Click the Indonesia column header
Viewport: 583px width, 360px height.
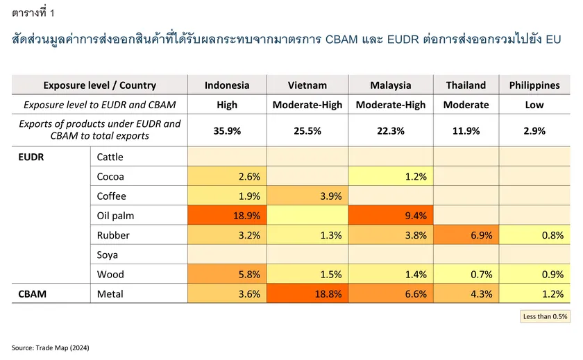point(227,85)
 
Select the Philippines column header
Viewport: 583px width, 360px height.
point(534,85)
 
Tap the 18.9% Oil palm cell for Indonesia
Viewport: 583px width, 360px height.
point(227,216)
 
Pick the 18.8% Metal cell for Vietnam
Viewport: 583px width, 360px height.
point(307,294)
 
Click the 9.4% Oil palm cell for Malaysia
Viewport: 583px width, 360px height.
point(391,216)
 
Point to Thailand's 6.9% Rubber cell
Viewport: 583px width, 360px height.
point(466,235)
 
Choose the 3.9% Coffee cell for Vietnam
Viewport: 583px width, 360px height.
point(307,196)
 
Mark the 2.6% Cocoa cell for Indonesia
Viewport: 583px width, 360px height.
point(227,176)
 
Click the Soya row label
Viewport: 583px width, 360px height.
point(107,255)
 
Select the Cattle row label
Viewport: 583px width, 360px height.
point(110,157)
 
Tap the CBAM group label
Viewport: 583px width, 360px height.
point(33,294)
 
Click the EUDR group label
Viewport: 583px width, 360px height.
point(31,157)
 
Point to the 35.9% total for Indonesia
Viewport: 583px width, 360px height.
point(227,131)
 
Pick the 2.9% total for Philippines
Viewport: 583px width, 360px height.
point(534,131)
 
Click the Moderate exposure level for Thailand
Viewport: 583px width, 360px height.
point(466,105)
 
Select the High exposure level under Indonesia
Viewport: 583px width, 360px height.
point(227,105)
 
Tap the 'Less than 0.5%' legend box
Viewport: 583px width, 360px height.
point(545,316)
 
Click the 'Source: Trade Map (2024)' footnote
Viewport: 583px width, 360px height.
point(50,348)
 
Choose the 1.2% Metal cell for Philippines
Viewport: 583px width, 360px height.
point(534,294)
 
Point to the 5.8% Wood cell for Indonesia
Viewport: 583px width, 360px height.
point(227,274)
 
